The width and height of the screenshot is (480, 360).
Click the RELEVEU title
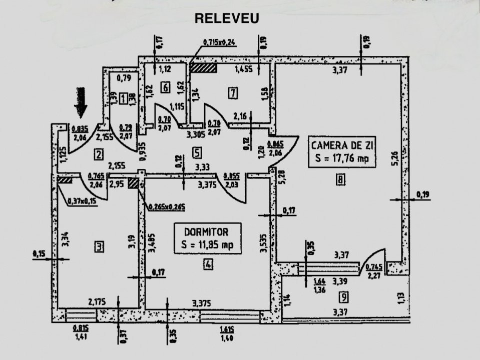pos(226,19)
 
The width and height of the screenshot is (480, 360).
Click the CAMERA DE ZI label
pos(342,146)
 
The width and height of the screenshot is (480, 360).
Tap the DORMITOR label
pos(206,232)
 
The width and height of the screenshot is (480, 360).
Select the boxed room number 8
pos(340,181)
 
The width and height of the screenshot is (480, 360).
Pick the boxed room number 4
pos(207,265)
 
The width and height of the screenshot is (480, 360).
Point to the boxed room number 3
pos(99,246)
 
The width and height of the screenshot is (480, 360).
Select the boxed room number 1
pos(123,99)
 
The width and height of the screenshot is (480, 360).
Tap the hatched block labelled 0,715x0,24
pos(203,67)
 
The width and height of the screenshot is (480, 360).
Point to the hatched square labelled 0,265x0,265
pos(133,183)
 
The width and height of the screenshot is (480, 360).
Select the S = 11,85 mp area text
pos(207,245)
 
